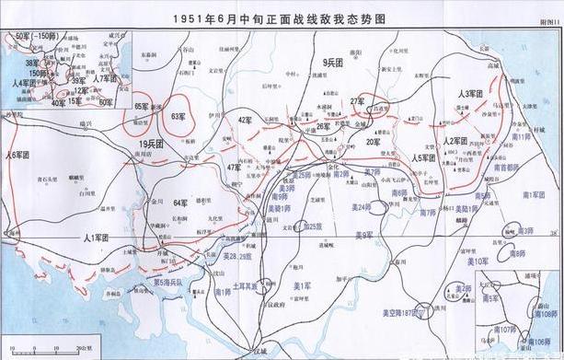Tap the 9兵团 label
333,62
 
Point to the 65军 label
142,107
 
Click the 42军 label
245,120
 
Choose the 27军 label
357,100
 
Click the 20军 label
372,142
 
